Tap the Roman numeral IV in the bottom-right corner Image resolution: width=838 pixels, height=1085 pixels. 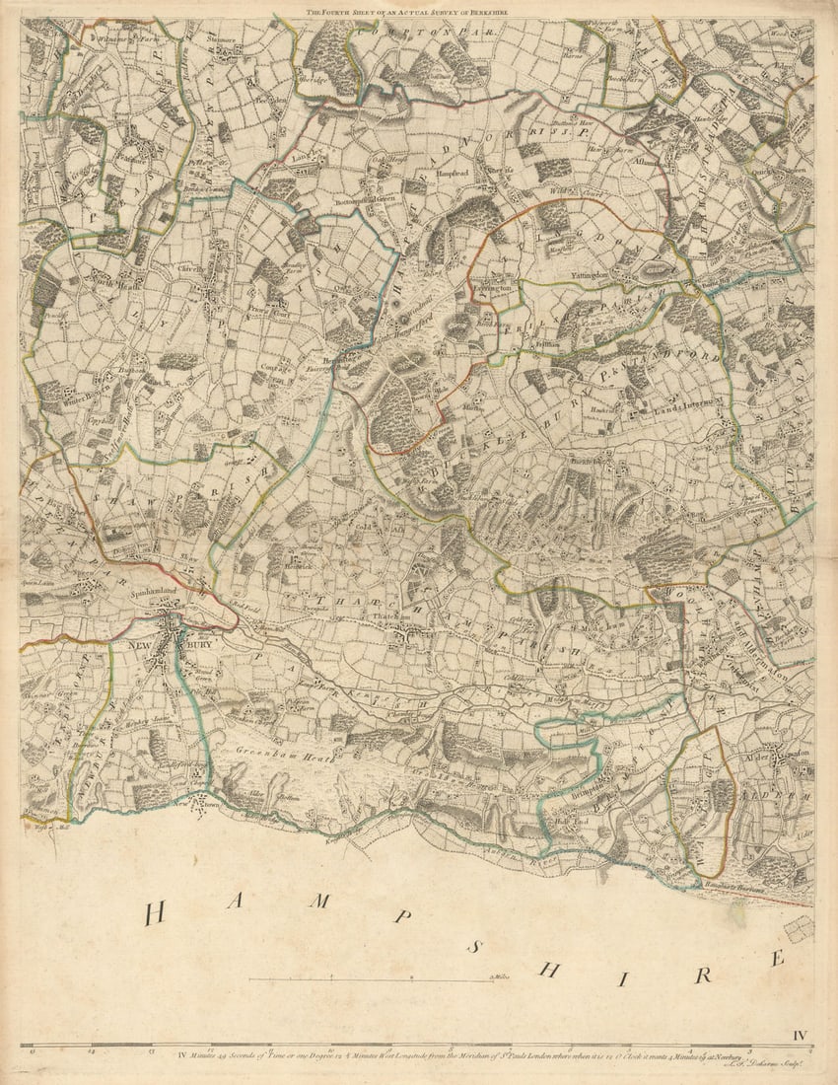pos(800,1035)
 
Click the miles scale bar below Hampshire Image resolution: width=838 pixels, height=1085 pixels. pos(371,979)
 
